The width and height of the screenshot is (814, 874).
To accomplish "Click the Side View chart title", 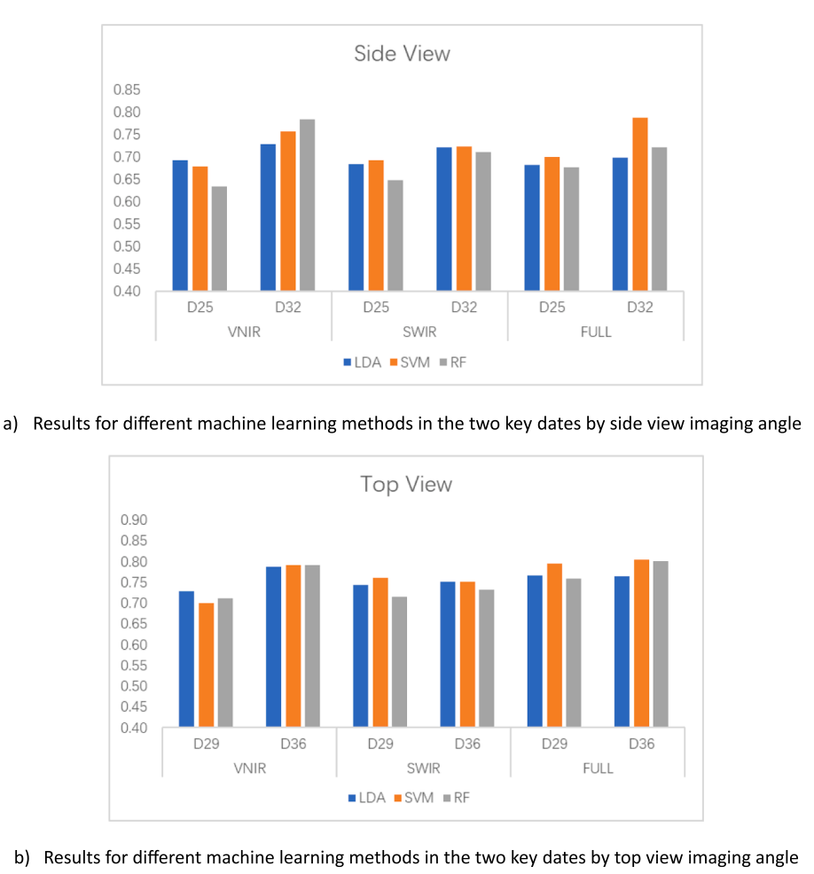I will (402, 53).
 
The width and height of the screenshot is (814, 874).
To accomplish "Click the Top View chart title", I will (405, 484).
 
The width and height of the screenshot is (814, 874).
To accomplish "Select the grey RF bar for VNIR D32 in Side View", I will (307, 205).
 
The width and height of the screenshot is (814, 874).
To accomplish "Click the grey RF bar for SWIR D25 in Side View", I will (395, 235).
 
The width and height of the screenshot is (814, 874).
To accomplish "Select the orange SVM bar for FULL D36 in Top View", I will (641, 644).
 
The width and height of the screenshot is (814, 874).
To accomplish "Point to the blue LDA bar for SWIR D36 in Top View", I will (448, 654).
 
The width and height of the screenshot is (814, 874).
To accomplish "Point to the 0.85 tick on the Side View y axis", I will (126, 90).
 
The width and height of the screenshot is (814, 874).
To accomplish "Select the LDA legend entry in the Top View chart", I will (366, 798).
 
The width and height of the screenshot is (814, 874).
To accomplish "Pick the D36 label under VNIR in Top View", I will (292, 744).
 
